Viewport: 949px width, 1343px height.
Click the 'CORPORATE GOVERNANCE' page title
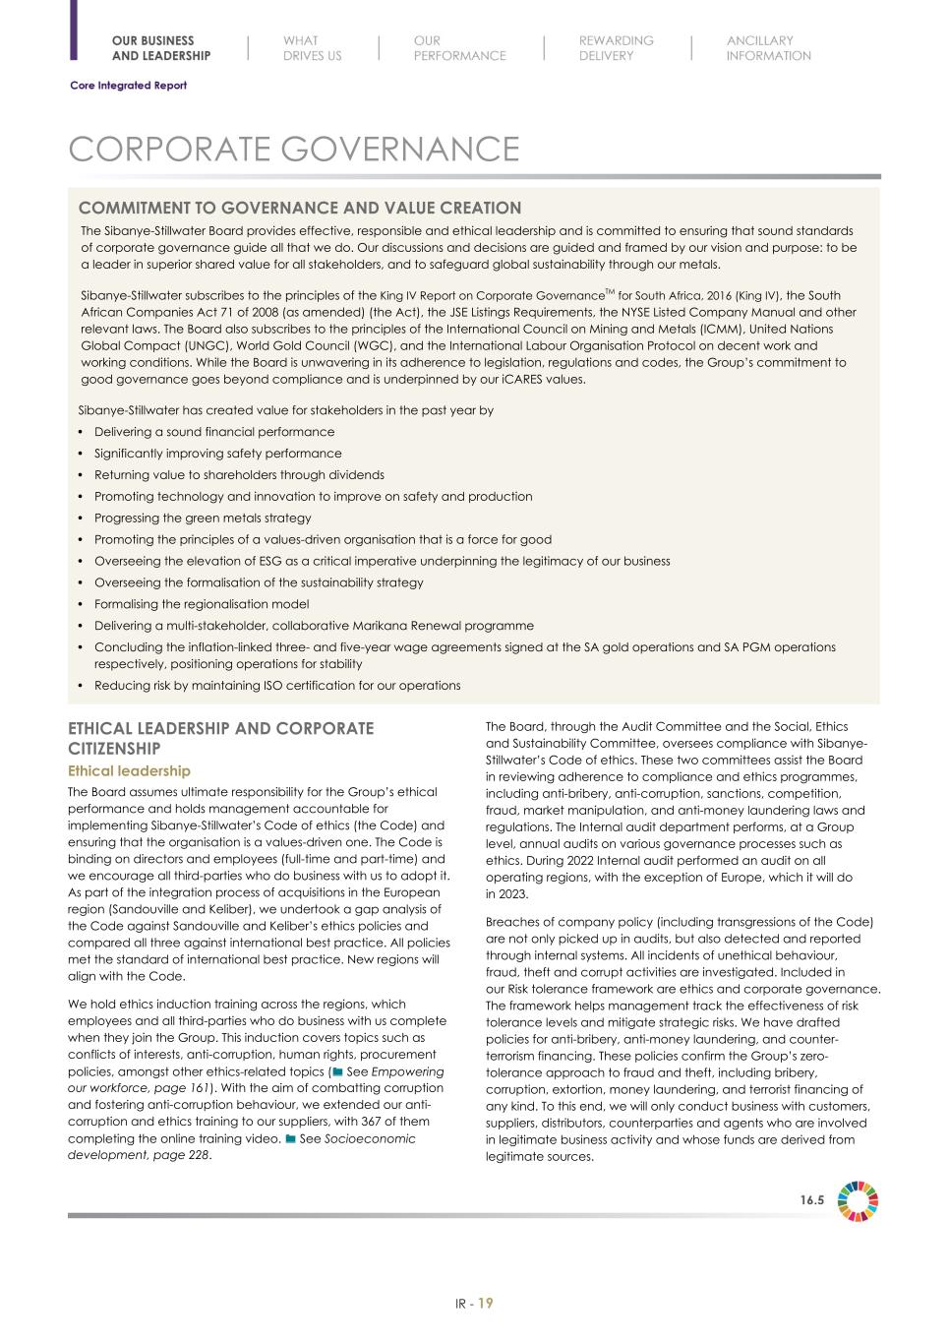coord(293,150)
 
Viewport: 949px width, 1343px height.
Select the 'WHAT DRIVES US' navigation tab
coord(312,48)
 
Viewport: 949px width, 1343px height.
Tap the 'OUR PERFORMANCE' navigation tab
coord(459,48)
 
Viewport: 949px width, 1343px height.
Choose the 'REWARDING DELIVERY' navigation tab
coord(616,48)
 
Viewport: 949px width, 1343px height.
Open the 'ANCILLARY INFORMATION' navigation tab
coord(768,48)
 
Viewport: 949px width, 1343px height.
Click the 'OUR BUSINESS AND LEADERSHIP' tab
coord(160,48)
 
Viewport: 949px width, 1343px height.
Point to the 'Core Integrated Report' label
coord(128,86)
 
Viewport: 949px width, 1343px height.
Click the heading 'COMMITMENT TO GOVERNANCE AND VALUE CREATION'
coord(300,208)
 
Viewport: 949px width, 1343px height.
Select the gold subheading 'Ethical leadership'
coord(129,771)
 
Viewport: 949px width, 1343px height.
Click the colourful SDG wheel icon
coord(858,1201)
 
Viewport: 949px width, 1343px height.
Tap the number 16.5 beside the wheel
coord(811,1200)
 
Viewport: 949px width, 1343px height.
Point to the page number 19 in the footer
coord(486,1304)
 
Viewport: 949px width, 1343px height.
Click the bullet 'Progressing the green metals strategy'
coord(203,518)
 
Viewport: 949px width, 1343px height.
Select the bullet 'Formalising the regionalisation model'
coord(202,604)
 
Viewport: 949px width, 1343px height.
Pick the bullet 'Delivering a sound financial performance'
coord(214,432)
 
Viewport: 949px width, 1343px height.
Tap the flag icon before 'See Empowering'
coord(338,1071)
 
